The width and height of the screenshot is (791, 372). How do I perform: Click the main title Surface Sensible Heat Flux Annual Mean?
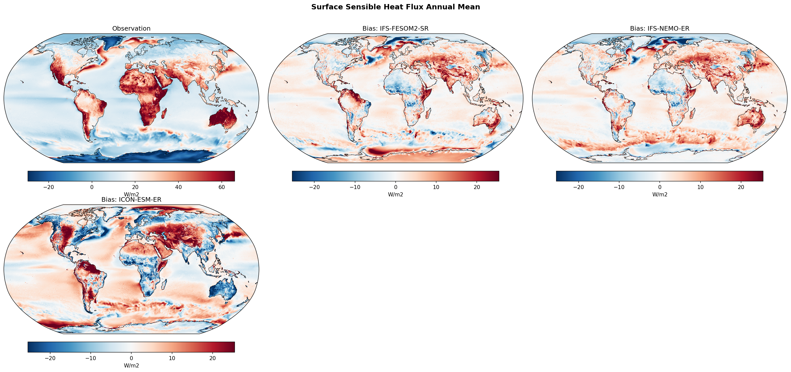[x=395, y=7]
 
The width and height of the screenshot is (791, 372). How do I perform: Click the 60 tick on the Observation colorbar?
[x=222, y=187]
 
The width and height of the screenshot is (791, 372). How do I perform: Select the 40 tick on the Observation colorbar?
[x=178, y=187]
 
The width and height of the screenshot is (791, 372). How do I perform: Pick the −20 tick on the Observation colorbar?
[x=48, y=187]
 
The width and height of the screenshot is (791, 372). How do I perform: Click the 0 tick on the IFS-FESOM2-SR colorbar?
[x=395, y=187]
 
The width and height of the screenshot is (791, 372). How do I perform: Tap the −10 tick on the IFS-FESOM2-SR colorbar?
[x=355, y=187]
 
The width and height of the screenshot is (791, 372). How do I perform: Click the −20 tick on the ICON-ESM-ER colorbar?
[x=50, y=358]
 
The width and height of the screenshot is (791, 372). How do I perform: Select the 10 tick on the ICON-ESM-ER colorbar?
[x=172, y=358]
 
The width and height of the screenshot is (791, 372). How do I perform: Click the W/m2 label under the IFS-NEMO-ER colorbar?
[x=659, y=194]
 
